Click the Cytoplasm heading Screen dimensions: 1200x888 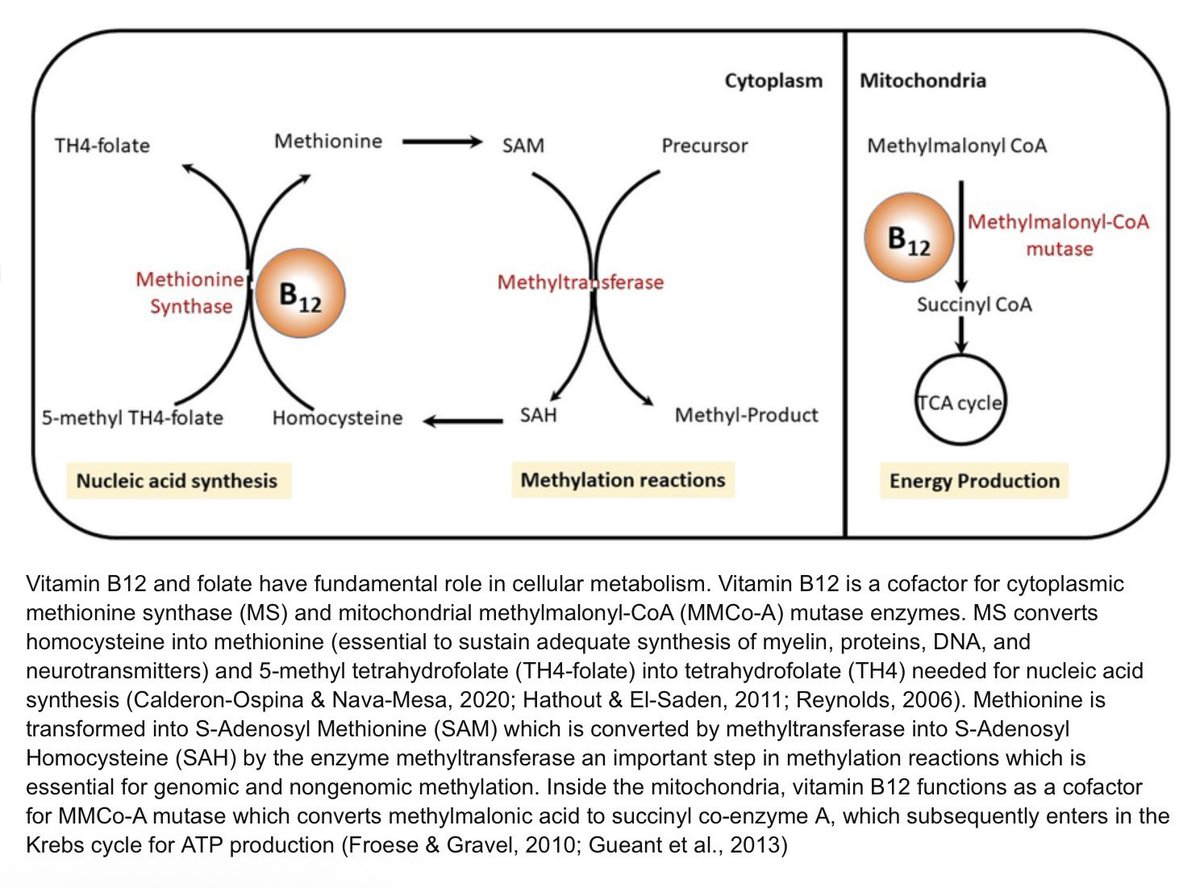click(773, 81)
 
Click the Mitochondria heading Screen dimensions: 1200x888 click(922, 81)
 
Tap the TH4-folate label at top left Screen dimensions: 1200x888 click(102, 146)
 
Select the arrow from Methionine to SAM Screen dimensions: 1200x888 click(442, 142)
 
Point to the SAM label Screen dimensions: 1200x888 click(523, 146)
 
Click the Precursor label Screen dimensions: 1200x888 click(704, 146)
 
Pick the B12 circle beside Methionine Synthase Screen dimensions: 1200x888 click(300, 293)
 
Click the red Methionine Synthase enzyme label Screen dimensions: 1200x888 click(190, 293)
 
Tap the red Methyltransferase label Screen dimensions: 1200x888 click(581, 282)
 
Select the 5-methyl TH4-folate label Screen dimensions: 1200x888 click(133, 418)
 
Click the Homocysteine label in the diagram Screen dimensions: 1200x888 click(338, 418)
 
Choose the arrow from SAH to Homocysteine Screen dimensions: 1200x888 click(463, 421)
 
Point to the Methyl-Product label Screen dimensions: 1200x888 click(747, 416)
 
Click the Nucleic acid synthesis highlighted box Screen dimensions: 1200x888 click(179, 481)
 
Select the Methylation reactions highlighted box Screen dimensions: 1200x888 click(623, 479)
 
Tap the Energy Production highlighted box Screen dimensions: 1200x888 click(974, 481)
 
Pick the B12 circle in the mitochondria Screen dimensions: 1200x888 click(909, 237)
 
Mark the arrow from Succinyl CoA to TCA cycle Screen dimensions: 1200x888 click(961, 335)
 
